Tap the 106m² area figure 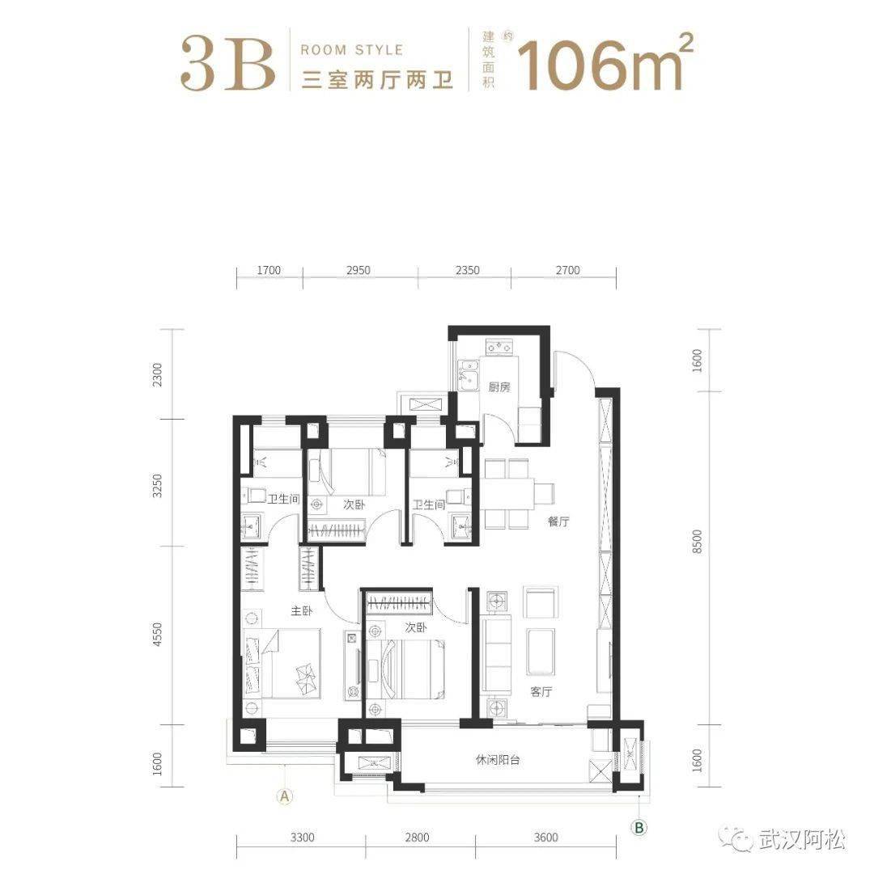(x=605, y=62)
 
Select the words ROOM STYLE (x=352, y=50)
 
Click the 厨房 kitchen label (x=499, y=387)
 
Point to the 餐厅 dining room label (x=558, y=521)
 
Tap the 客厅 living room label (x=541, y=691)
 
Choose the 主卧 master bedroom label (x=302, y=611)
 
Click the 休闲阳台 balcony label (x=498, y=760)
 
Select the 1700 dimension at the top (x=269, y=270)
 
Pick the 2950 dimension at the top (x=359, y=270)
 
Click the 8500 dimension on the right (x=697, y=542)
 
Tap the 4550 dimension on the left (x=158, y=635)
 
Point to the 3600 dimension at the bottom (x=545, y=837)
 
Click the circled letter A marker (x=285, y=795)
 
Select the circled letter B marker (x=639, y=827)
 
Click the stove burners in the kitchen (x=499, y=347)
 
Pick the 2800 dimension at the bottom (x=417, y=837)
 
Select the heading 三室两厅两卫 (x=377, y=80)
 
